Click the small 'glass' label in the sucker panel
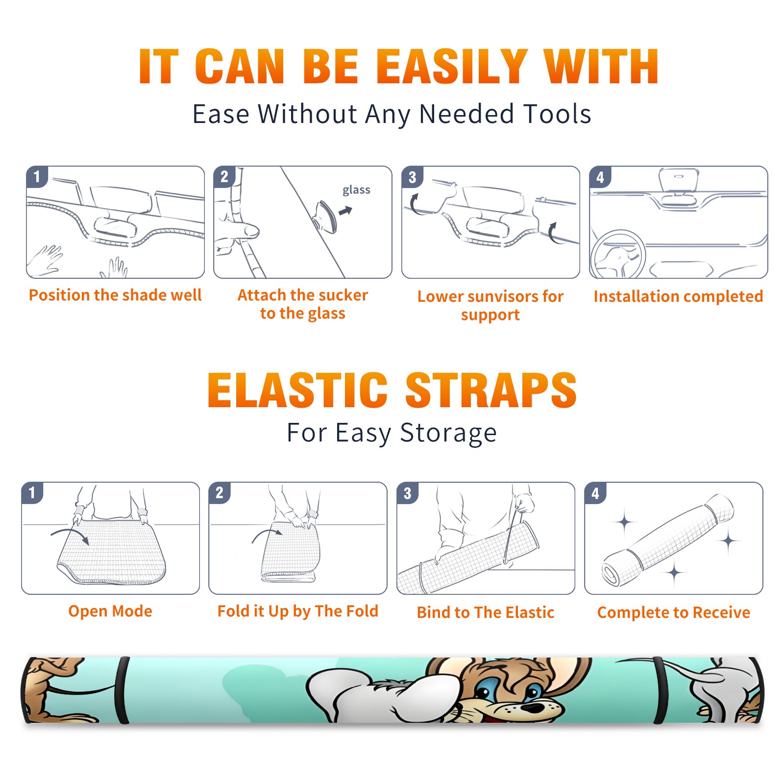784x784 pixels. click(x=356, y=190)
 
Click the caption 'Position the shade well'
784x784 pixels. click(x=115, y=295)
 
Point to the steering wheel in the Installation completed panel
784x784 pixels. click(x=618, y=254)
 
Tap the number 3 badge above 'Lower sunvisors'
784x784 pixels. click(x=412, y=177)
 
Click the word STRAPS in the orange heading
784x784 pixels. click(x=491, y=390)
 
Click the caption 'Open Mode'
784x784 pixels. click(x=110, y=611)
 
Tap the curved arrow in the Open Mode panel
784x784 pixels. click(x=70, y=535)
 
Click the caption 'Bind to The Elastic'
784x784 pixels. click(x=486, y=612)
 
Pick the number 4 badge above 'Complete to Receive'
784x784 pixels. click(x=595, y=493)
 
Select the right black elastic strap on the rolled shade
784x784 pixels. click(x=660, y=690)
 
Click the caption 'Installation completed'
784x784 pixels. click(x=678, y=296)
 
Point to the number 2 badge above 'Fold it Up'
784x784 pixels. click(x=220, y=493)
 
